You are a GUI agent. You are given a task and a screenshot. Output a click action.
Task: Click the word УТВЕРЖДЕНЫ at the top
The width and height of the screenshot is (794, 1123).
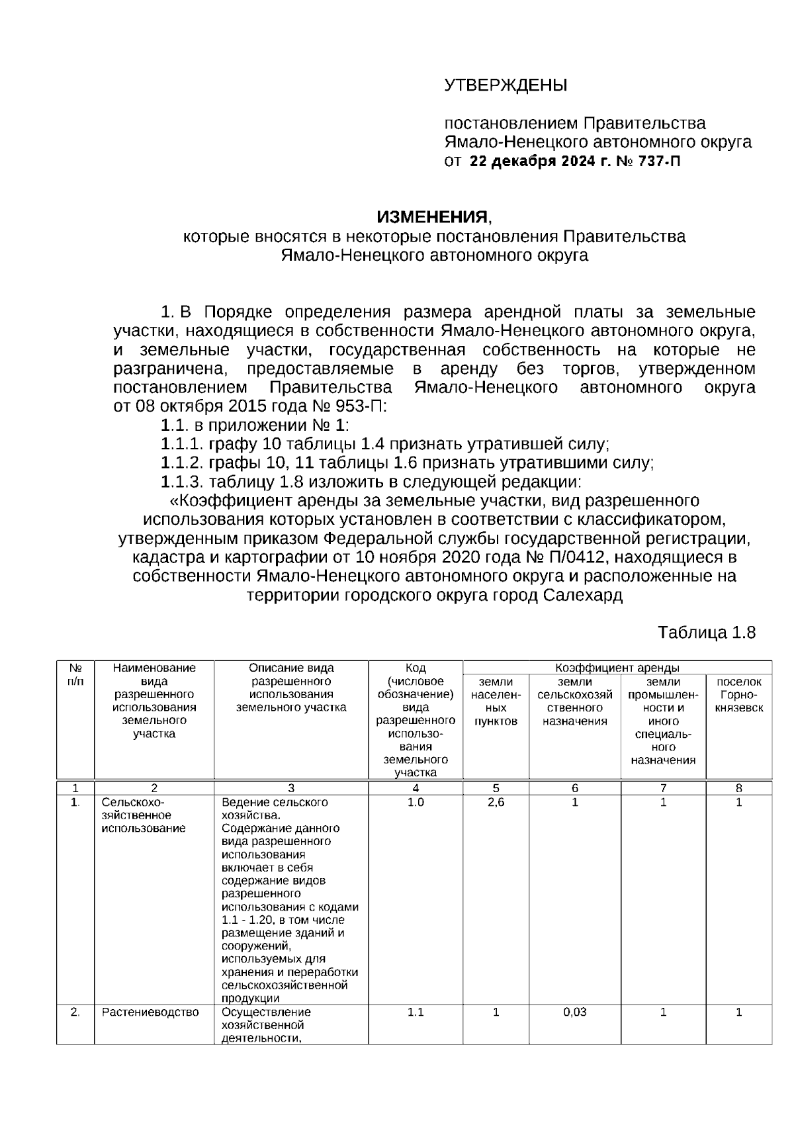coord(505,85)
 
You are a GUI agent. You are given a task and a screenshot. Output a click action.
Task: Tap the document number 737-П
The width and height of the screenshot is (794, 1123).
coord(658,161)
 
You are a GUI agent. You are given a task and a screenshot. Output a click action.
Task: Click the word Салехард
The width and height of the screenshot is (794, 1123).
coord(583,595)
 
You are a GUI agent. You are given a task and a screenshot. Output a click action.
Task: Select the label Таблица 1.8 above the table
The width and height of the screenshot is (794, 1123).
coord(706,633)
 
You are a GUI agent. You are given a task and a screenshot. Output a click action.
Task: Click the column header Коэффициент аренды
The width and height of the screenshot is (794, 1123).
coord(617,668)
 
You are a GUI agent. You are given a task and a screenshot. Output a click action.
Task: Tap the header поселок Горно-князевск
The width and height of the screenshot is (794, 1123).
coord(738,694)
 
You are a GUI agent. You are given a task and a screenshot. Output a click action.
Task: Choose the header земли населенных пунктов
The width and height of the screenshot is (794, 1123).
coord(496,701)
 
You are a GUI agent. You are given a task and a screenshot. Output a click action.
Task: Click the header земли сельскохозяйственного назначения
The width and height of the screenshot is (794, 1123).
coord(574,701)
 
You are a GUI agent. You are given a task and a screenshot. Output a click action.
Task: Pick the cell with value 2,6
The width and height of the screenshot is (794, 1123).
coord(496,802)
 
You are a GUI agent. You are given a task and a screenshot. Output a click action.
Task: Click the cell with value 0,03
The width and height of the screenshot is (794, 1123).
coord(574,1012)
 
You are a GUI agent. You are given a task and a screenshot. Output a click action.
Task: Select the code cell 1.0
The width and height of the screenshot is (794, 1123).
coord(415,802)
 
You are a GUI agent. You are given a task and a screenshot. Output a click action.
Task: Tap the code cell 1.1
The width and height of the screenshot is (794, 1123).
coord(415,1012)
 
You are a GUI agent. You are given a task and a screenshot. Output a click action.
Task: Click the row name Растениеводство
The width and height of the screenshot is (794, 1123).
coord(150,1012)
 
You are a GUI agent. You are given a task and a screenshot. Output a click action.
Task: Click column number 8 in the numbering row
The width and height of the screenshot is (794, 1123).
coord(738,787)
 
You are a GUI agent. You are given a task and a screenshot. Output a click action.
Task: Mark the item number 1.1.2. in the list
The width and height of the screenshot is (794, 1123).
coord(182,463)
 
